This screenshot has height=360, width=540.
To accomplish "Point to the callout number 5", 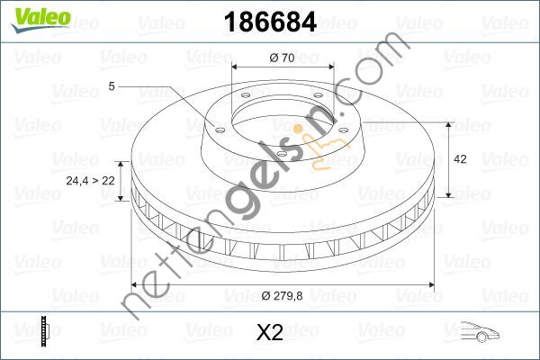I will click(111, 86).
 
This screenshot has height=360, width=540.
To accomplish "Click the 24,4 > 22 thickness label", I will click(90, 180).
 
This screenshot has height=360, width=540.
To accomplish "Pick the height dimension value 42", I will click(460, 158).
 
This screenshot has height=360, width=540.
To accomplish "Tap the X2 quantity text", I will click(269, 333).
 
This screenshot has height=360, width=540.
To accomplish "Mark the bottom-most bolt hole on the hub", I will click(281, 155).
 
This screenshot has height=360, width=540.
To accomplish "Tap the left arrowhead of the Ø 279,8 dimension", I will click(135, 284).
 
